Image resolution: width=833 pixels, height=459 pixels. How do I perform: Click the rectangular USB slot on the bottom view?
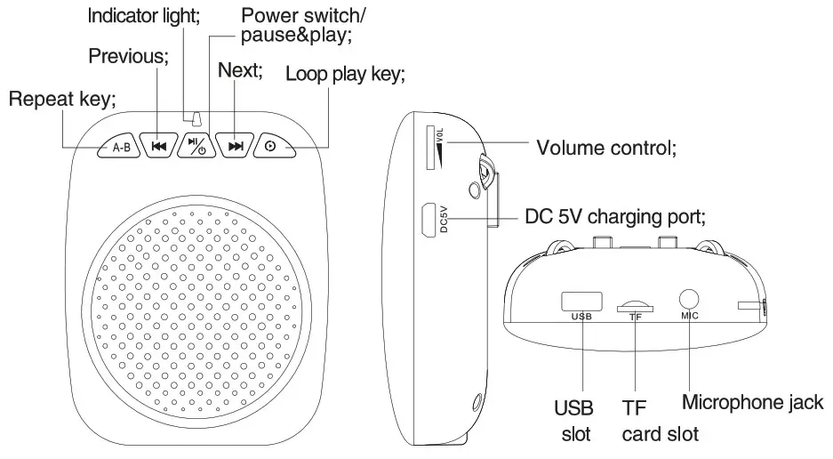coord(581,300)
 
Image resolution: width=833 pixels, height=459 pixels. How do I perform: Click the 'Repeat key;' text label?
coord(62,99)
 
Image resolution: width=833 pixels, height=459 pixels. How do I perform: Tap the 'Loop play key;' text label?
coord(345,74)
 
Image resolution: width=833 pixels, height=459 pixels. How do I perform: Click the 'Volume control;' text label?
coord(607,148)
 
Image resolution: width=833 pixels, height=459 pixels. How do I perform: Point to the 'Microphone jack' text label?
coord(753,402)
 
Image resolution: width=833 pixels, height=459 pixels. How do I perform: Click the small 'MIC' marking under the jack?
coord(691,316)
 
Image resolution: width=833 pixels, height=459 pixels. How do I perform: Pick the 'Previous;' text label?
coord(128,55)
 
